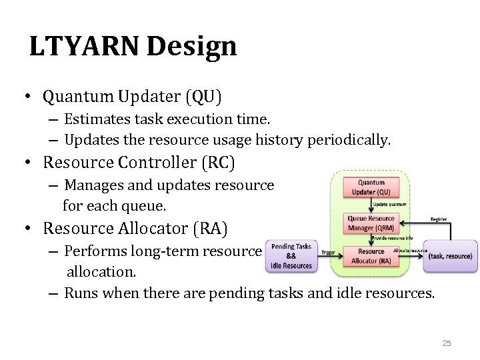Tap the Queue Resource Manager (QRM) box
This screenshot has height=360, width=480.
[371, 222]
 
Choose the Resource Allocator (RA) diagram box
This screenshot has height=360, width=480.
[371, 255]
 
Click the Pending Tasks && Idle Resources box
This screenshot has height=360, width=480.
[291, 256]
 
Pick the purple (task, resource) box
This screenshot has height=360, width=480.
[450, 256]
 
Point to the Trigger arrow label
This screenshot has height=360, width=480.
[328, 253]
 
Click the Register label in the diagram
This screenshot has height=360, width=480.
[438, 217]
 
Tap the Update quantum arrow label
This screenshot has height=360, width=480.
[390, 204]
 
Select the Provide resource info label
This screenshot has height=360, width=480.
[392, 237]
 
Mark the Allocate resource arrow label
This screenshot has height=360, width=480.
[410, 250]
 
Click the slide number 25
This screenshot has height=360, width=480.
[447, 343]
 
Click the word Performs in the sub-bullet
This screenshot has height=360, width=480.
[92, 251]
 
